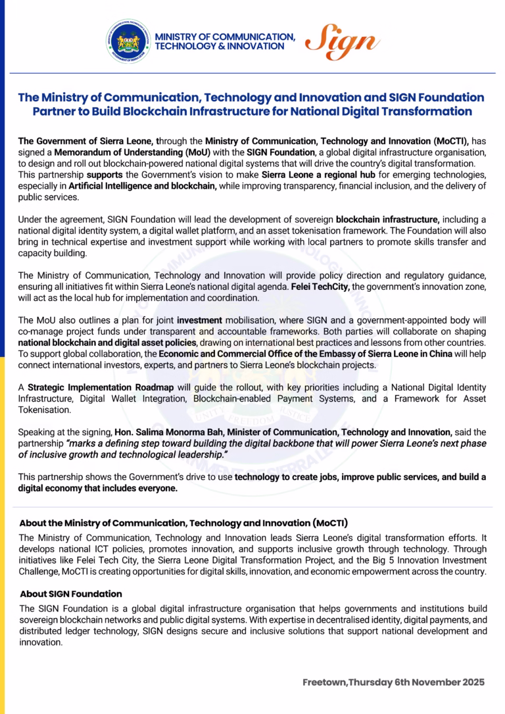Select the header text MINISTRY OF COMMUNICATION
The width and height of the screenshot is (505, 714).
click(225, 37)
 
